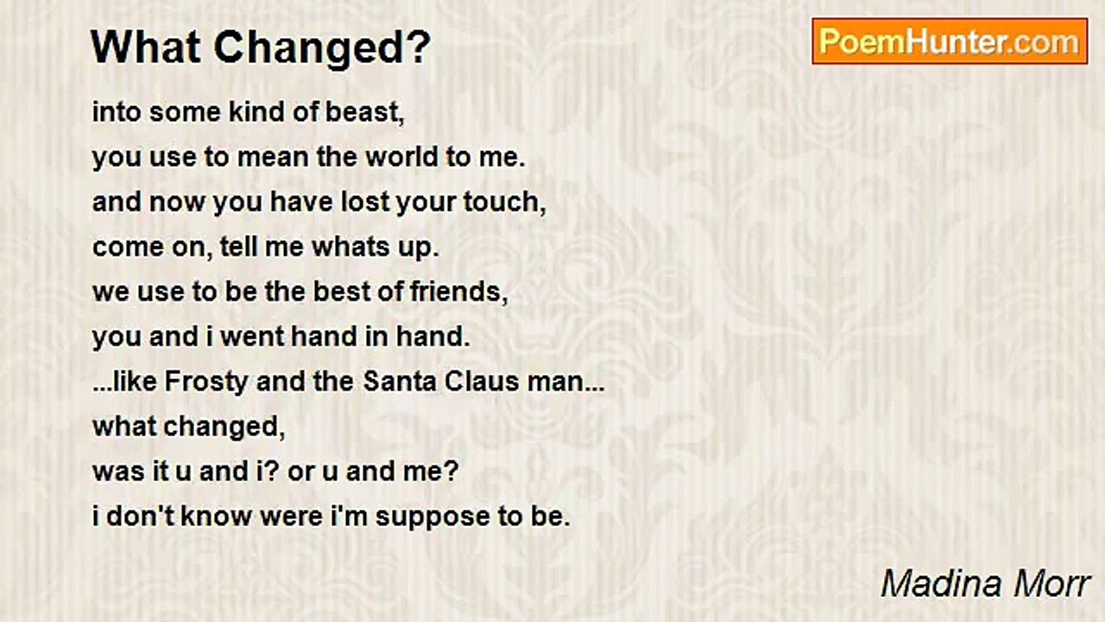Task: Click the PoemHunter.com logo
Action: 950,41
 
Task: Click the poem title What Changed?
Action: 261,48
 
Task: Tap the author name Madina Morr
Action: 985,584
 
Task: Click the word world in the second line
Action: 401,157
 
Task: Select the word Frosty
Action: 206,383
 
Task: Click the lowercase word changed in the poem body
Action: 224,427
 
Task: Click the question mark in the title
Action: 422,47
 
